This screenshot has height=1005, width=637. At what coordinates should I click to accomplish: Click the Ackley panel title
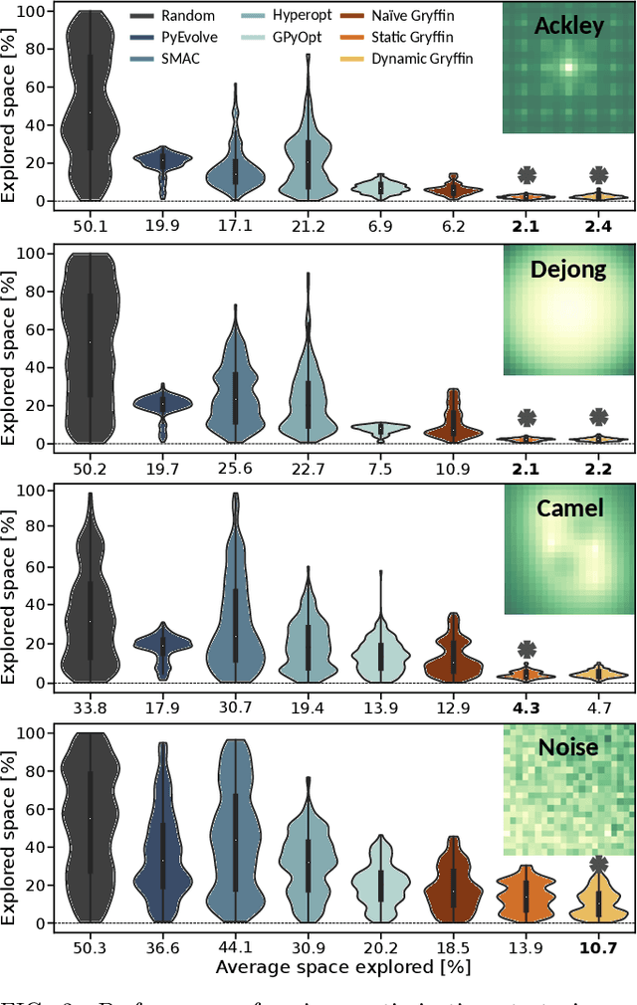pos(568,25)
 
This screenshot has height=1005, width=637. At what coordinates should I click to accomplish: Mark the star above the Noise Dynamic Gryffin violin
pos(598,863)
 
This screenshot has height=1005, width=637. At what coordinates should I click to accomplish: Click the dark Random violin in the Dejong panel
pos(91,348)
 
